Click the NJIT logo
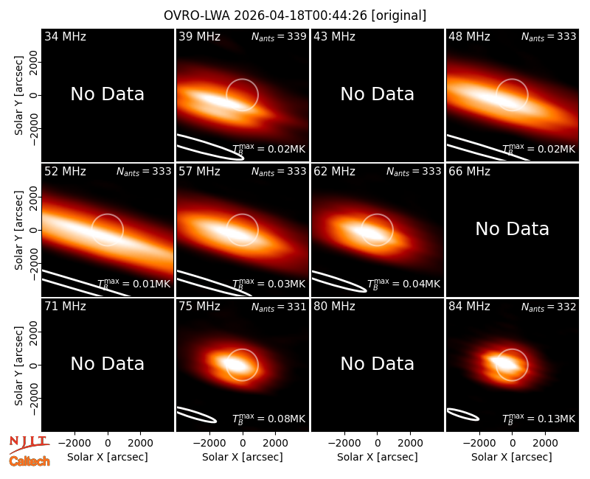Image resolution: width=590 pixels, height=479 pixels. [29, 444]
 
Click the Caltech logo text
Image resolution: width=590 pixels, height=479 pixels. [29, 461]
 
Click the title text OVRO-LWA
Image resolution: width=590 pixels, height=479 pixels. [197, 15]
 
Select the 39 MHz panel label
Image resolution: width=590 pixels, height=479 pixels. [199, 36]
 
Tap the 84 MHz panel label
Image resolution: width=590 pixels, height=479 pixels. [469, 307]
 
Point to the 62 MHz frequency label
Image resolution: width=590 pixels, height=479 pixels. [335, 172]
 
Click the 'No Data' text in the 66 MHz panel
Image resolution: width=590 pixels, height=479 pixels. [512, 228]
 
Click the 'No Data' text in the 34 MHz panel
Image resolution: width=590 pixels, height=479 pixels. [108, 94]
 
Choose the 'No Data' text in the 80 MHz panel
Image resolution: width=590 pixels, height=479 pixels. [378, 363]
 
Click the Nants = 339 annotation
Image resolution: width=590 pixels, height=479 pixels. [279, 37]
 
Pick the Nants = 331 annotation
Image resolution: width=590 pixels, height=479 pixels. [279, 307]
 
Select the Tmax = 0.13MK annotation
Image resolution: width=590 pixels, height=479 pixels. [539, 419]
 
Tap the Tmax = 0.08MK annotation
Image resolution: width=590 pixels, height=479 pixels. [268, 419]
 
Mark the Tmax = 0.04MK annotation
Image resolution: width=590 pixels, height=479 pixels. [403, 284]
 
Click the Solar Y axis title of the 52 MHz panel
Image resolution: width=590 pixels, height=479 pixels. [19, 230]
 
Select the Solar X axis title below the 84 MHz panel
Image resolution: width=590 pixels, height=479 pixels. [512, 457]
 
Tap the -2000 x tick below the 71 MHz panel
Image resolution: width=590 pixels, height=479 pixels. [74, 444]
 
